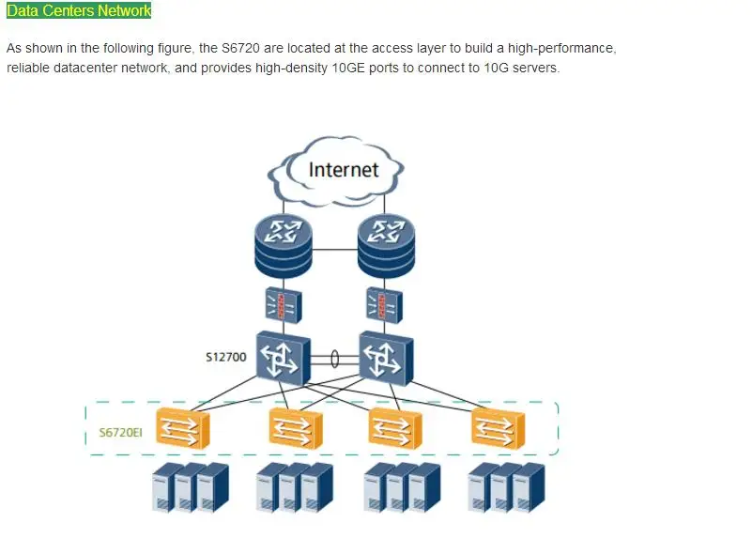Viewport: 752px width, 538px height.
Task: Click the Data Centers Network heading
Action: pyautogui.click(x=79, y=10)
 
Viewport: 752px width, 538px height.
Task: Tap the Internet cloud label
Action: pyautogui.click(x=344, y=170)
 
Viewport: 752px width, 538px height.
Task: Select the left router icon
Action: pyautogui.click(x=284, y=246)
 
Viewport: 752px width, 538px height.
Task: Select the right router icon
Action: pyautogui.click(x=386, y=246)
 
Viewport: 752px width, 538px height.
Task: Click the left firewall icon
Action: pyautogui.click(x=284, y=305)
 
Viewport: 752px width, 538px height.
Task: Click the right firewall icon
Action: pyautogui.click(x=384, y=305)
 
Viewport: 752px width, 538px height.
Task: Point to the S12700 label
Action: pyautogui.click(x=226, y=357)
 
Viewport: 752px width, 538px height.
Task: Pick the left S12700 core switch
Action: pyautogui.click(x=283, y=358)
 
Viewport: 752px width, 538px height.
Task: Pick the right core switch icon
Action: pyautogui.click(x=386, y=358)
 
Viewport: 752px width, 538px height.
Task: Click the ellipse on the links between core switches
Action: pyautogui.click(x=335, y=359)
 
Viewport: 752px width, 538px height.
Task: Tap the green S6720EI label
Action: pyautogui.click(x=121, y=433)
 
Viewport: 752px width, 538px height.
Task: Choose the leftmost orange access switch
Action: pyautogui.click(x=183, y=428)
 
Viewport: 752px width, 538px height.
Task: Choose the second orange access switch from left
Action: pyautogui.click(x=296, y=428)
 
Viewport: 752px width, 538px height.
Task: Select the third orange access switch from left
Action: pyautogui.click(x=395, y=428)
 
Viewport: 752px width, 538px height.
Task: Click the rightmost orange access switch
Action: pyautogui.click(x=499, y=428)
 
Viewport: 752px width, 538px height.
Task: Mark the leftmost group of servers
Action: pyautogui.click(x=191, y=487)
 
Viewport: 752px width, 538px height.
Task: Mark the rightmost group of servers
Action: pyautogui.click(x=506, y=487)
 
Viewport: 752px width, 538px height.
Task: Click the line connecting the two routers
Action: pyautogui.click(x=335, y=250)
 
